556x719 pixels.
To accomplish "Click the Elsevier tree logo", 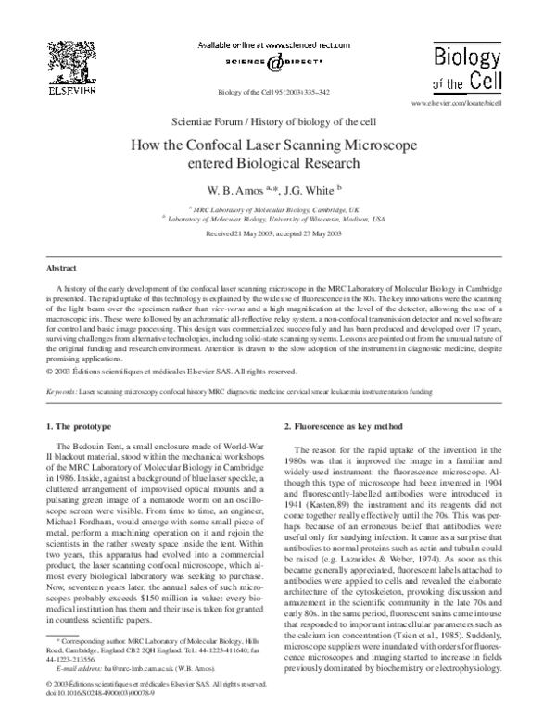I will (61, 64).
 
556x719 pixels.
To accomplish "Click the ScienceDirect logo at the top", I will (278, 64).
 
